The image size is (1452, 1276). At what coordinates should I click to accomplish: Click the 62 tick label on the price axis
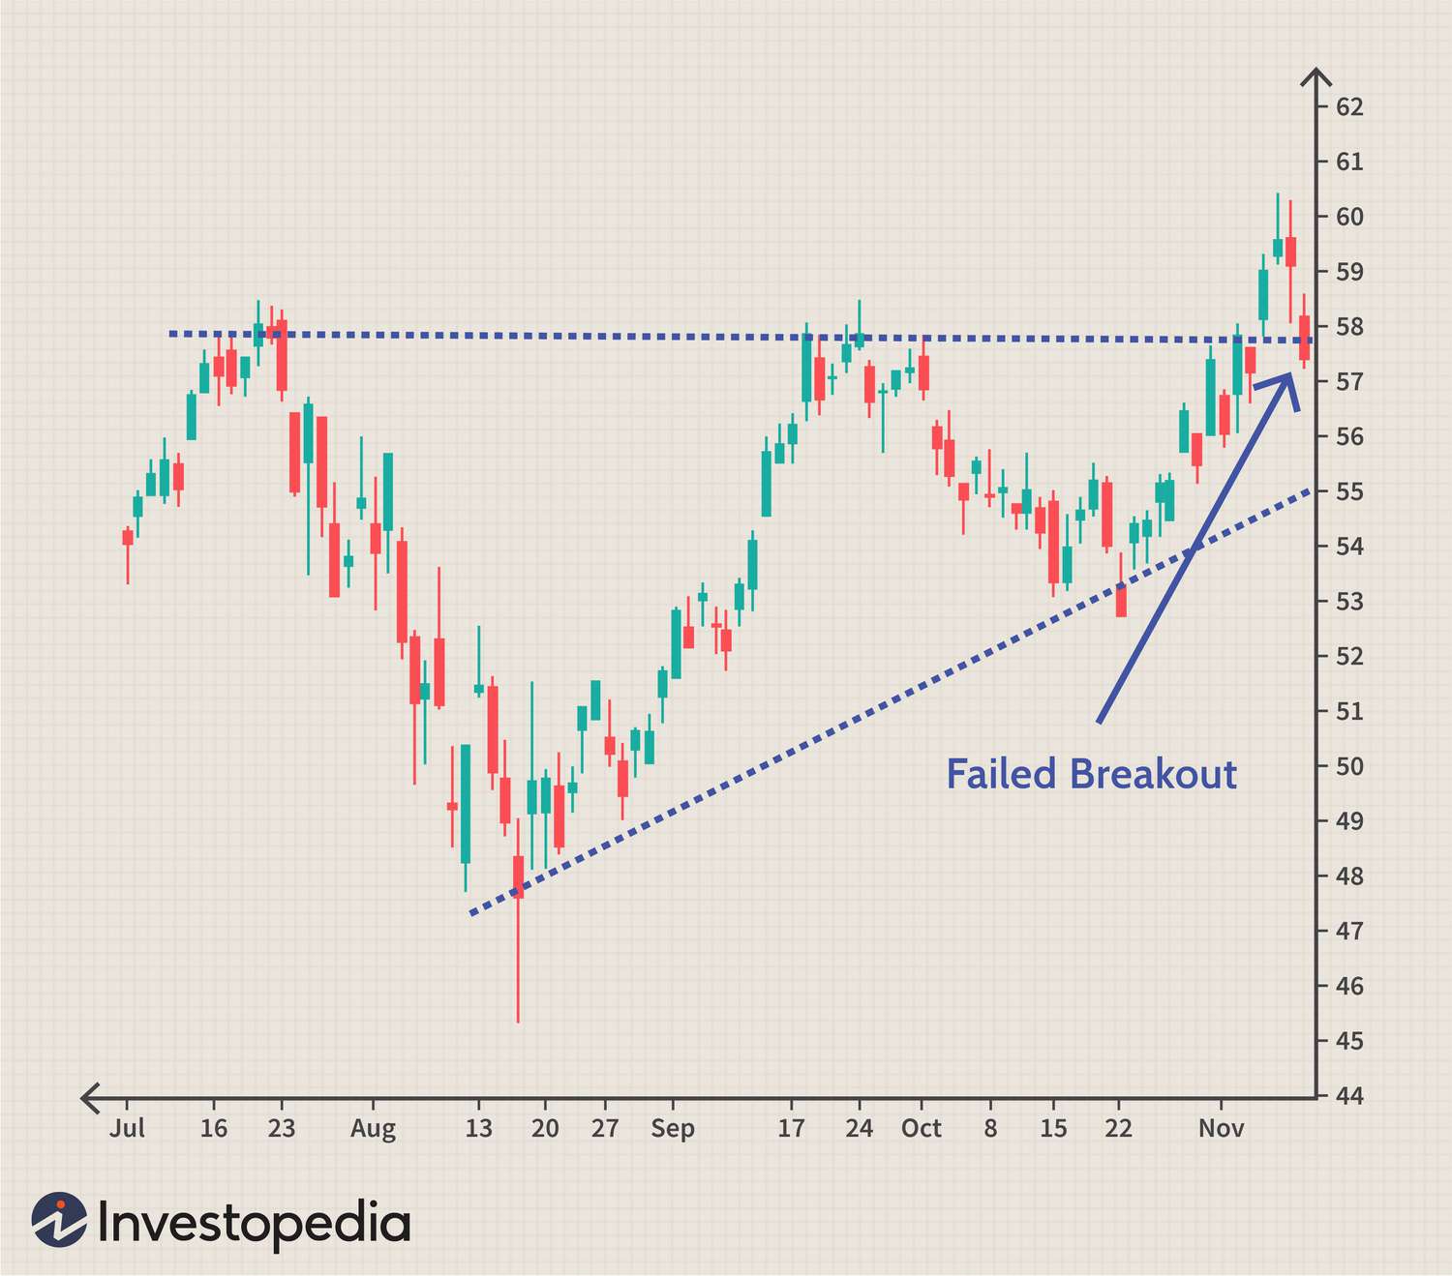pyautogui.click(x=1348, y=106)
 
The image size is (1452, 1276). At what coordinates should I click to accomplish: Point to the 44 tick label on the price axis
pyautogui.click(x=1348, y=1096)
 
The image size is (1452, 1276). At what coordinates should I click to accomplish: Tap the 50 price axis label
pyautogui.click(x=1348, y=766)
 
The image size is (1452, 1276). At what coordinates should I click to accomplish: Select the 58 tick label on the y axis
pyautogui.click(x=1348, y=326)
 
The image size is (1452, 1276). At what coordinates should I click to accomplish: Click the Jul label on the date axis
pyautogui.click(x=127, y=1128)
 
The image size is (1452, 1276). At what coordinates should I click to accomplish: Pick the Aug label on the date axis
pyautogui.click(x=373, y=1129)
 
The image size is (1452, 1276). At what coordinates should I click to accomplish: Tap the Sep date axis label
pyautogui.click(x=673, y=1129)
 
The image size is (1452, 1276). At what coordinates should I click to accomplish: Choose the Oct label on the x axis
pyautogui.click(x=921, y=1128)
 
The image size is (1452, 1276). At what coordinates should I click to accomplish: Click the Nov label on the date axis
pyautogui.click(x=1221, y=1128)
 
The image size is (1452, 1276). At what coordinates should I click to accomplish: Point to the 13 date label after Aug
pyautogui.click(x=478, y=1128)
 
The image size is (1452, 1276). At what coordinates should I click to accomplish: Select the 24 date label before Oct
pyautogui.click(x=859, y=1128)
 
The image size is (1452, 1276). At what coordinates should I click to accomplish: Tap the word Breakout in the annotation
pyautogui.click(x=1153, y=775)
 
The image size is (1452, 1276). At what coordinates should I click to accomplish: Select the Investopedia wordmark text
pyautogui.click(x=254, y=1224)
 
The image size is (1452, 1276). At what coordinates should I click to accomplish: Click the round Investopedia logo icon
pyautogui.click(x=58, y=1219)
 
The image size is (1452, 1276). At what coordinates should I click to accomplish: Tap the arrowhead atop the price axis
pyautogui.click(x=1316, y=76)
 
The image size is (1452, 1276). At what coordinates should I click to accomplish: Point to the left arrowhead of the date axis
pyautogui.click(x=90, y=1097)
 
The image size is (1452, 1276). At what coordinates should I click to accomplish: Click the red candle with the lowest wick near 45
pyautogui.click(x=518, y=876)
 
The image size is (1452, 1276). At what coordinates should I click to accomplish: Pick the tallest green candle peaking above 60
pyautogui.click(x=1278, y=248)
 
